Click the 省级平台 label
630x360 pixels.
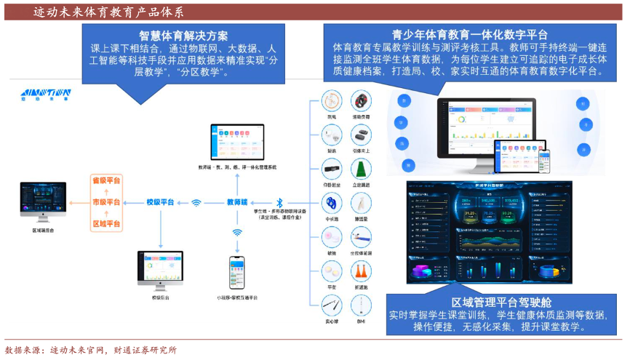click(x=106, y=180)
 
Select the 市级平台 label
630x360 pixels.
click(x=106, y=201)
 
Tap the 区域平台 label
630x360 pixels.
click(x=106, y=223)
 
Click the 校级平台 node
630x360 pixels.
click(x=160, y=202)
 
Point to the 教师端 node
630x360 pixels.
click(x=237, y=202)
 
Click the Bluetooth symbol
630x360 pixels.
click(x=278, y=202)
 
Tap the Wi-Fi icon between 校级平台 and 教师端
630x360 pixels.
click(x=196, y=203)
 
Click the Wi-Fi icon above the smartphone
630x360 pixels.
click(x=237, y=233)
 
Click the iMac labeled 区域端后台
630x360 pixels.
click(x=43, y=200)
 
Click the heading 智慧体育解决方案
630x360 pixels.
click(x=183, y=36)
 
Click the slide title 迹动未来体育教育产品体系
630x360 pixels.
click(x=108, y=12)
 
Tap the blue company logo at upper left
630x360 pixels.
click(x=45, y=95)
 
